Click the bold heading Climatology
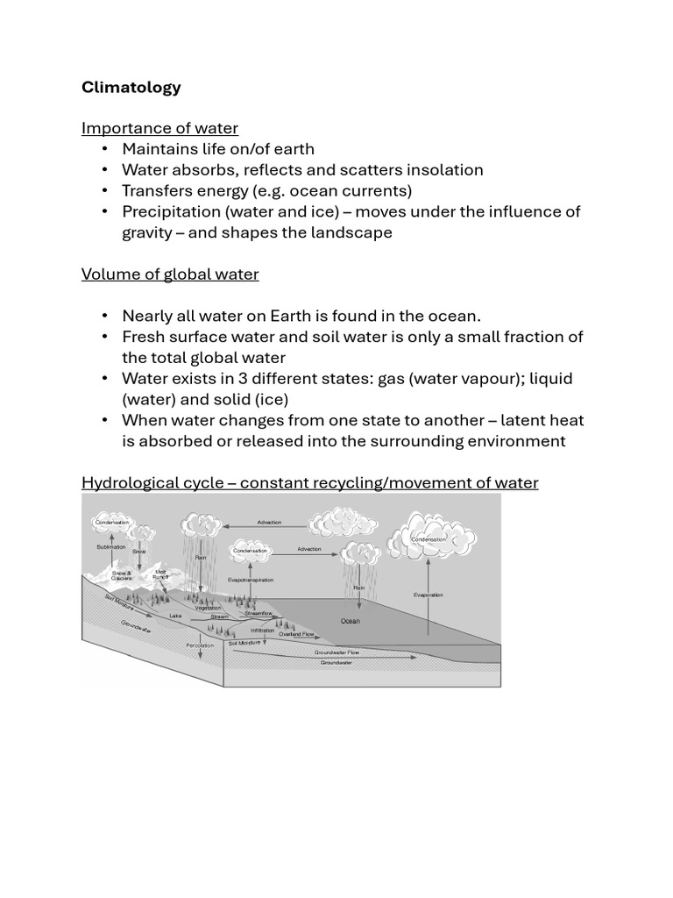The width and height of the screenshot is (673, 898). point(131,87)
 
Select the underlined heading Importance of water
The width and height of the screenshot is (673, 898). point(159,128)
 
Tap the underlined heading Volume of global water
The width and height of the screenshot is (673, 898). point(170,274)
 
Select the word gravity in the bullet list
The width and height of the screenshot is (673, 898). point(148,232)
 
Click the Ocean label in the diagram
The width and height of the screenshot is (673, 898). point(350,621)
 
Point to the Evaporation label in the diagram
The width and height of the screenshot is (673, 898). point(429,595)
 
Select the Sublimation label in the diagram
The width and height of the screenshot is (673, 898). point(111,546)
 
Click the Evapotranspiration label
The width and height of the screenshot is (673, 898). point(251,580)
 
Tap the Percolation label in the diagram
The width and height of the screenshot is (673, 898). point(200,645)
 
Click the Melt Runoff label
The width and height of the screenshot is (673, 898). point(160,575)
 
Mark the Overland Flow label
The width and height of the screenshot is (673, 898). point(296,633)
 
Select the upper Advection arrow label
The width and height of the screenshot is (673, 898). point(269,522)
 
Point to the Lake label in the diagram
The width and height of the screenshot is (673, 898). point(175,616)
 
